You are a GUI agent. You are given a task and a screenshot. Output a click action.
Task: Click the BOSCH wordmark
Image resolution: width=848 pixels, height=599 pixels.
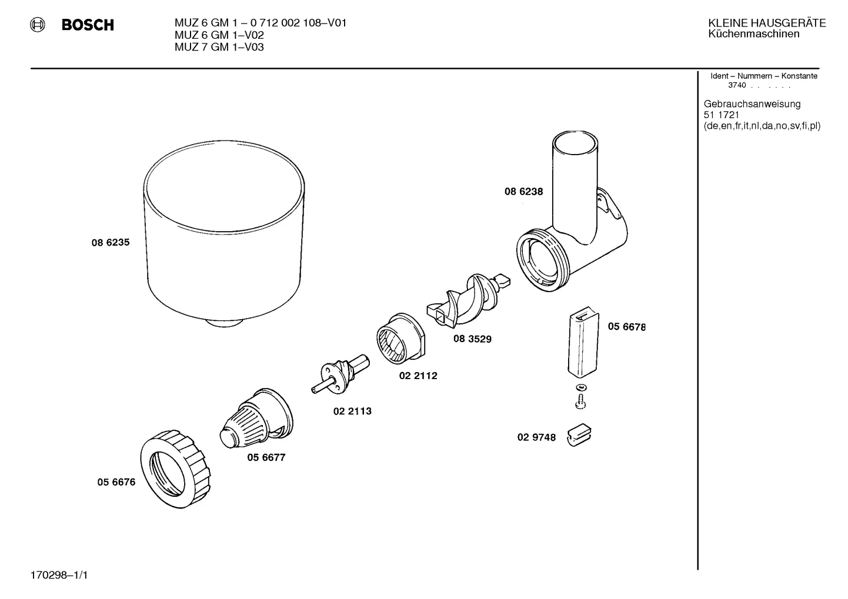[x=88, y=25]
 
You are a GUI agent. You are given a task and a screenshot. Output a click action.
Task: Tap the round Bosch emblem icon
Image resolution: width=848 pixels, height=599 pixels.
[x=38, y=25]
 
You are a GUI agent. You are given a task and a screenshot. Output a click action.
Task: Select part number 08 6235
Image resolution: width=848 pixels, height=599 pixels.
[x=111, y=242]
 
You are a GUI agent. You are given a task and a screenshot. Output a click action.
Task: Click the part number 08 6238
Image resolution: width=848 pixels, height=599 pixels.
[x=523, y=192]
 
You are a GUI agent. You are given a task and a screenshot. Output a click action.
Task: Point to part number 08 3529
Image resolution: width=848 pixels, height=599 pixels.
[x=472, y=339]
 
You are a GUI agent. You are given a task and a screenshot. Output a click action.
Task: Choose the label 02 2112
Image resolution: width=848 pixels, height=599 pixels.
[x=418, y=376]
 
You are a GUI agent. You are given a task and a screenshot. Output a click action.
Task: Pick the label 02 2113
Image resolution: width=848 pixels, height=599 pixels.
[x=352, y=411]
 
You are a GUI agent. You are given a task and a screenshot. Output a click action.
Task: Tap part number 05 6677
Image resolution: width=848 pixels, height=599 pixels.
[x=266, y=457]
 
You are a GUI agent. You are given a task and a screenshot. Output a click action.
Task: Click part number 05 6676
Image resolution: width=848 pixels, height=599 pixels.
[x=116, y=482]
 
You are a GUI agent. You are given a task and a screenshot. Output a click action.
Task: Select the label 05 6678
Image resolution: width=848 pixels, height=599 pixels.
[x=626, y=327]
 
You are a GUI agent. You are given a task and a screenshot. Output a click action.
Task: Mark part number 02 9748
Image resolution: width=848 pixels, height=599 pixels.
[x=536, y=437]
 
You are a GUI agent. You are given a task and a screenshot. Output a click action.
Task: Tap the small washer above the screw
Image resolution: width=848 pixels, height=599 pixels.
[x=581, y=387]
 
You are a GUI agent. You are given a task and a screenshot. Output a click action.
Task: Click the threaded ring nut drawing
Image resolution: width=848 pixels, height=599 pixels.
[x=175, y=469]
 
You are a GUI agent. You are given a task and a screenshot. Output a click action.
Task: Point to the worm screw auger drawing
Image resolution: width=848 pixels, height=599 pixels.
[x=468, y=300]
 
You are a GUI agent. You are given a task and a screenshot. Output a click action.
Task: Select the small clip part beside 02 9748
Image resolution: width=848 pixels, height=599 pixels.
[x=579, y=435]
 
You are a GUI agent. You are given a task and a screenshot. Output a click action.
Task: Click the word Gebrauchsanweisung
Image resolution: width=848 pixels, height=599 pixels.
[x=752, y=105]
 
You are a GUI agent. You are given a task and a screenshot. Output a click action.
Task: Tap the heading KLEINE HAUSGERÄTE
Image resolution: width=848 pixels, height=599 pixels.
[x=767, y=23]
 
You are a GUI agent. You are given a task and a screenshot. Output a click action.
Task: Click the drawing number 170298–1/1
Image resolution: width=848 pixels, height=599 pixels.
[x=59, y=575]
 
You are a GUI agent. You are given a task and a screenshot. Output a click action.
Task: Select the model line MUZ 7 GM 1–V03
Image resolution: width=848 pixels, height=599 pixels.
[x=219, y=47]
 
